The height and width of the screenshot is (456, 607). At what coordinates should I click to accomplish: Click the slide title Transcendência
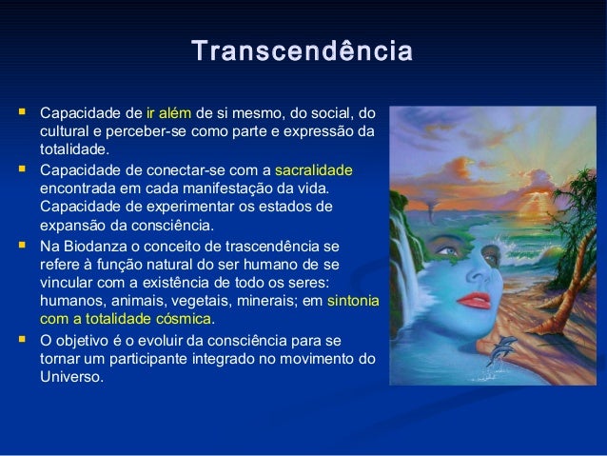tap(303, 50)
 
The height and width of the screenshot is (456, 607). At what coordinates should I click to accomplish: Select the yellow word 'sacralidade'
tap(314, 170)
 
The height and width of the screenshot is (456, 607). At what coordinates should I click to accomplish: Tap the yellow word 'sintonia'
tap(352, 300)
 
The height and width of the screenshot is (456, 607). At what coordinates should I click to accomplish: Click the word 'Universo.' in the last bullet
tap(71, 376)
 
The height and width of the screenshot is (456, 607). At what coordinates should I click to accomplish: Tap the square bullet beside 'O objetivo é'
tap(18, 338)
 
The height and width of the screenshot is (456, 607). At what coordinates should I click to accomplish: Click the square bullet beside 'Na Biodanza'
tap(18, 245)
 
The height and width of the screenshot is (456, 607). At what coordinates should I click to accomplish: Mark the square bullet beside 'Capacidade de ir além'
tap(18, 113)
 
